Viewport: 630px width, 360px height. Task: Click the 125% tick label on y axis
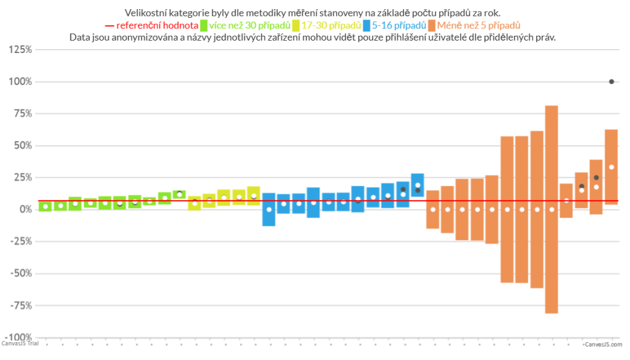click(20, 49)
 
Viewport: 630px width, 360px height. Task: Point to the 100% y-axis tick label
click(20, 81)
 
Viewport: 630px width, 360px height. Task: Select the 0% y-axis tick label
click(25, 209)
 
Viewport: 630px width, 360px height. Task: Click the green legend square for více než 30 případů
click(203, 25)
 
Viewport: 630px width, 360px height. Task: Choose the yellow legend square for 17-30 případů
click(296, 25)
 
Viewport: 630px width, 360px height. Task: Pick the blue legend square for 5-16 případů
click(367, 25)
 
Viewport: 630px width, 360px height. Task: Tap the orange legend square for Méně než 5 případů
click(432, 25)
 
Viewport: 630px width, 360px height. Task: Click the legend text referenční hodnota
click(158, 25)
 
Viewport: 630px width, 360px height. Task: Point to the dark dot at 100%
click(612, 81)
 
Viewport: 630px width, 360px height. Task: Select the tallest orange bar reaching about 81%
click(552, 209)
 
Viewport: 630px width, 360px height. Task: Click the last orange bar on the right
click(612, 166)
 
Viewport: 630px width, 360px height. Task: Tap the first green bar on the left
click(45, 206)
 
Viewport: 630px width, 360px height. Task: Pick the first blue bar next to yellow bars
click(269, 209)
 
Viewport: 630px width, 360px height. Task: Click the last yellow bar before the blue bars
click(254, 195)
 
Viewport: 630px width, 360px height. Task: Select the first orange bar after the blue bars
click(433, 209)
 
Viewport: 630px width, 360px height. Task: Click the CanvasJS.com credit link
click(603, 345)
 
